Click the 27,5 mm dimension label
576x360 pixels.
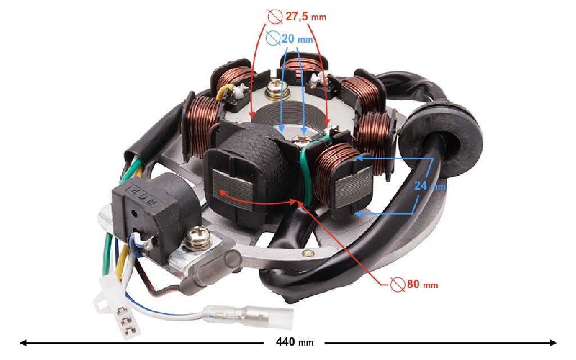305,17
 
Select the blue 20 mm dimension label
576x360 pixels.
296,39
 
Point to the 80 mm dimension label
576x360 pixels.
421,285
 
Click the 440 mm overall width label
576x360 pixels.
294,342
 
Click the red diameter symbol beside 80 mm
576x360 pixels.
398,285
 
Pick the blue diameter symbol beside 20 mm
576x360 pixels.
272,39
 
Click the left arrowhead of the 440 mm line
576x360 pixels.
23,342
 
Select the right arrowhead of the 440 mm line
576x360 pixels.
553,342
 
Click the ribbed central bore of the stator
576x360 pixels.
288,112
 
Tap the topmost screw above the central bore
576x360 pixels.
276,85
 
